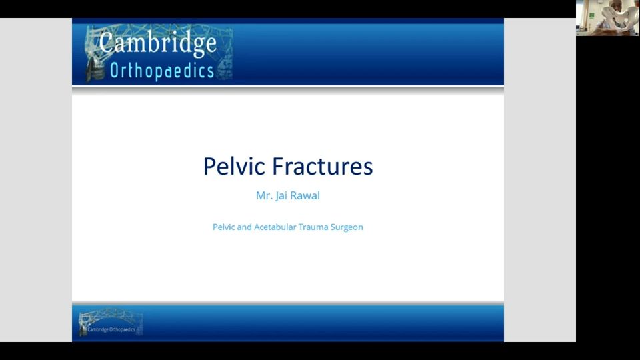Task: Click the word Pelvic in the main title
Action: click(234, 166)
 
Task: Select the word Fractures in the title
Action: click(323, 166)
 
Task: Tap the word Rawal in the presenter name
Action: click(305, 195)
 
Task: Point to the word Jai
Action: click(281, 196)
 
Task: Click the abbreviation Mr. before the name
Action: click(264, 195)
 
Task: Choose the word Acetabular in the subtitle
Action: click(275, 227)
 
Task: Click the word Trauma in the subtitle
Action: click(313, 227)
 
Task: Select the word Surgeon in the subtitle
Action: click(347, 227)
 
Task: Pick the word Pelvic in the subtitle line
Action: click(224, 227)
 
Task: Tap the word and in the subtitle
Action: click(245, 227)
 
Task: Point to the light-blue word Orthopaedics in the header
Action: click(162, 71)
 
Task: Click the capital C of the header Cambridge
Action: click(106, 41)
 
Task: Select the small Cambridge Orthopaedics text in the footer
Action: click(111, 329)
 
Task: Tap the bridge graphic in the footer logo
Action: click(110, 321)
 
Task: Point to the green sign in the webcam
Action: click(591, 16)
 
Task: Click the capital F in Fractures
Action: click(278, 166)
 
